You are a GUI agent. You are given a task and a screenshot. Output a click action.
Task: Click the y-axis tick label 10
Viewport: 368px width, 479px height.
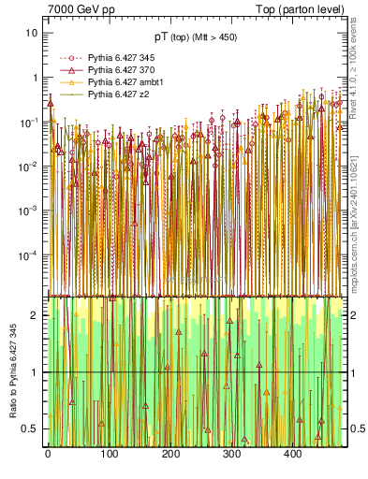32,33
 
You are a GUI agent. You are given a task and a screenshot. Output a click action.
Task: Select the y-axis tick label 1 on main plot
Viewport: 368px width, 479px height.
35,78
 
